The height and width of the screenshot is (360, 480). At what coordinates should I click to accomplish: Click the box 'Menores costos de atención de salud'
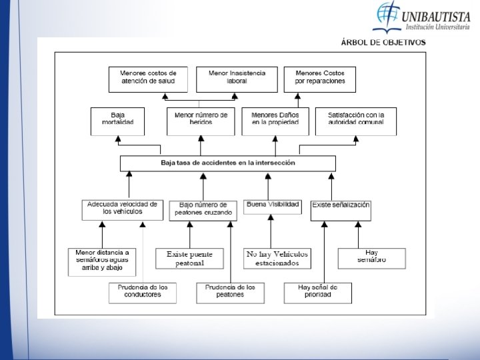148,78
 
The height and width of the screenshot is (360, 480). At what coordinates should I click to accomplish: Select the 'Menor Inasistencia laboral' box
237,78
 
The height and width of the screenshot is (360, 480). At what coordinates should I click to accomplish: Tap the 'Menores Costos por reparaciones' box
319,78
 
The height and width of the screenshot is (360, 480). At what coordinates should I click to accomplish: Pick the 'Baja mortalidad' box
117,120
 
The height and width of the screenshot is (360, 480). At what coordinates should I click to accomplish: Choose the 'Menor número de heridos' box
201,120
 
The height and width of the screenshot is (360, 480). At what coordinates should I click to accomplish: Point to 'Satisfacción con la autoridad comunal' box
356,120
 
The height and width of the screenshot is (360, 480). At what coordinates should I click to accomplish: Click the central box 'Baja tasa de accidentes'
227,163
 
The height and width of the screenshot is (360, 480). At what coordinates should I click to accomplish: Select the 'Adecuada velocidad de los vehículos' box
122,209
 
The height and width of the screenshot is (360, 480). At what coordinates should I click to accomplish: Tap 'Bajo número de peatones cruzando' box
202,209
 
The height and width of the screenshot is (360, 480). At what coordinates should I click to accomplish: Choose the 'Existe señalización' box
341,209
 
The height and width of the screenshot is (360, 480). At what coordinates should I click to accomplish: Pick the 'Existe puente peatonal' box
189,259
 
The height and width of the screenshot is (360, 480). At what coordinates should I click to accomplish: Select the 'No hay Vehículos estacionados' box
271,259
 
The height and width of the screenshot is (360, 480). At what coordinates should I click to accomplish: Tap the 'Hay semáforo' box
371,257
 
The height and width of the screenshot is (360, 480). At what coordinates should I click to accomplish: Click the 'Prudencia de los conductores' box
143,292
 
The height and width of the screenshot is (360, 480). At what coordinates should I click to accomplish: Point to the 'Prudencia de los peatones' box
230,292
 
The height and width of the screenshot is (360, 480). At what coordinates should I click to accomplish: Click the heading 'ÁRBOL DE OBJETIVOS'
383,43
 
